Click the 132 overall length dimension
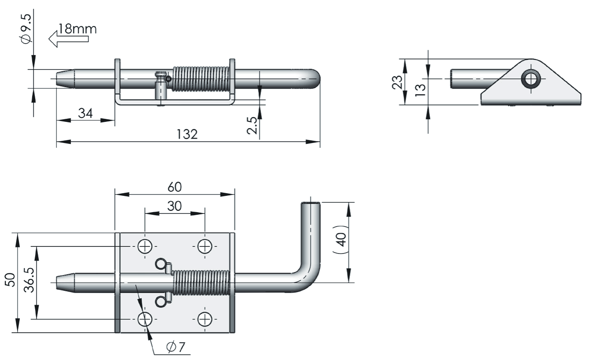(x=188, y=134)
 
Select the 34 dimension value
(x=85, y=113)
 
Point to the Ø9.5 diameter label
(x=26, y=28)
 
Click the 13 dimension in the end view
(x=420, y=89)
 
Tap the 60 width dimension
(x=174, y=187)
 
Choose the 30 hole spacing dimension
(x=174, y=206)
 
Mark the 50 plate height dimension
(x=10, y=280)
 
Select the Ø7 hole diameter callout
(x=176, y=347)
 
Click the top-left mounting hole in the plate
(x=145, y=246)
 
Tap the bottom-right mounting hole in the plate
(x=205, y=319)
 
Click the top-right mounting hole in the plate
(x=205, y=246)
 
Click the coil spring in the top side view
(x=201, y=79)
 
